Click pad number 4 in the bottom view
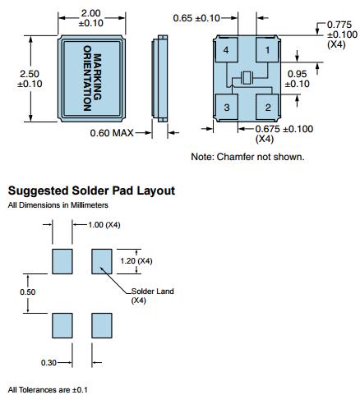(226, 50)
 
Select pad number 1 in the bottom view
(267, 50)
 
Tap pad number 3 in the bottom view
(226, 107)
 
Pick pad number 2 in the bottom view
(267, 107)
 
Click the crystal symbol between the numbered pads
(247, 78)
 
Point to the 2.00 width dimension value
(90, 13)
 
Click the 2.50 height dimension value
(30, 74)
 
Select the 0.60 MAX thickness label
(112, 133)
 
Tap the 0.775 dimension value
(339, 25)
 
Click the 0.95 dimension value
(298, 74)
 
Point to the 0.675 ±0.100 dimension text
(284, 129)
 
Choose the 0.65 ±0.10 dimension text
(196, 18)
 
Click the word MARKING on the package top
(97, 77)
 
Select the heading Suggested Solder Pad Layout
(91, 191)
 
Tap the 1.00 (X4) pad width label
(104, 225)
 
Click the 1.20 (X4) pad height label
(136, 261)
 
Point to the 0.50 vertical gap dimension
(28, 292)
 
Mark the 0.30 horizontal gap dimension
(48, 363)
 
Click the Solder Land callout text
(152, 292)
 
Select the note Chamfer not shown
(261, 157)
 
